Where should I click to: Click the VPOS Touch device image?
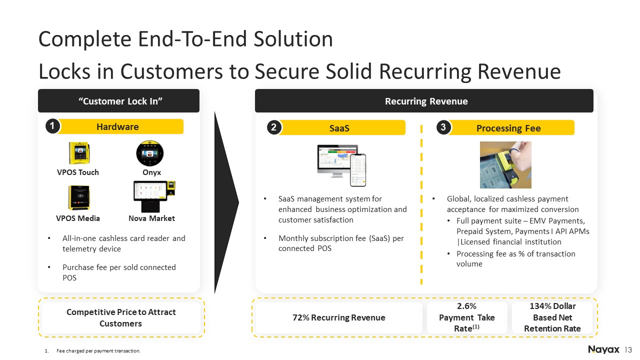(79, 153)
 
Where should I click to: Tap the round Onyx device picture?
(150, 153)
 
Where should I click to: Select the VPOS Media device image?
(78, 197)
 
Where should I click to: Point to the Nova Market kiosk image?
(154, 196)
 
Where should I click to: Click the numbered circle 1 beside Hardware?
(52, 126)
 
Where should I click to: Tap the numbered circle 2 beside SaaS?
(273, 127)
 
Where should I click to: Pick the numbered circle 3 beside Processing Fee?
(443, 127)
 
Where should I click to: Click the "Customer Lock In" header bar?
(118, 101)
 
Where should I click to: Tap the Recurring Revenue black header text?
(426, 101)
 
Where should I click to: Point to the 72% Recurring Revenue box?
(339, 317)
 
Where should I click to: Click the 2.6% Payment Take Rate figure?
(467, 317)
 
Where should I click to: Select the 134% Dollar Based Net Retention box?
(552, 317)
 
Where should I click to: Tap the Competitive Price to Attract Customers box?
(121, 317)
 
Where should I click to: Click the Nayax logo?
(603, 349)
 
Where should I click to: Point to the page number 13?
(628, 350)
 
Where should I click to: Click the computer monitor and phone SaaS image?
(341, 165)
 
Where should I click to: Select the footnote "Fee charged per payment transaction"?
(98, 351)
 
